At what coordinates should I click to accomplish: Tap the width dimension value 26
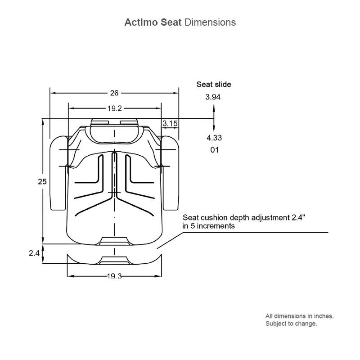[114, 93]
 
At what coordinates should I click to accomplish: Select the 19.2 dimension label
[115, 108]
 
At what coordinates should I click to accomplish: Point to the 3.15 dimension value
[170, 123]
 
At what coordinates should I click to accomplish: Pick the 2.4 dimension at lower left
[35, 253]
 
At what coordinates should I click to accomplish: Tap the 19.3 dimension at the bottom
[114, 276]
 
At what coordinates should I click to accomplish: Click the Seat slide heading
[214, 84]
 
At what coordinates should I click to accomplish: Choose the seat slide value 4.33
[214, 138]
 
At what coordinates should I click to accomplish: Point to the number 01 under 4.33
[214, 150]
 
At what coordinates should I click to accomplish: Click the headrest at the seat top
[114, 130]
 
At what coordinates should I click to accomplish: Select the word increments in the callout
[216, 226]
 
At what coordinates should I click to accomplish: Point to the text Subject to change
[291, 324]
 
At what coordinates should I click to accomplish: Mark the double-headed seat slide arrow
[214, 117]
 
